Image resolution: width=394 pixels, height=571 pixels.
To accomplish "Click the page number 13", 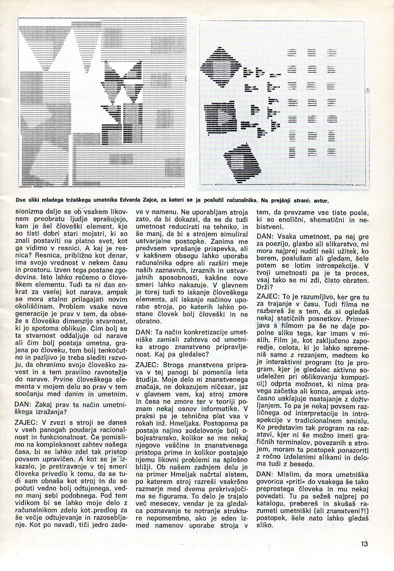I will point(364,544).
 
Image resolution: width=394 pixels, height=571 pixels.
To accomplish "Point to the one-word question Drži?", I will point(264,287).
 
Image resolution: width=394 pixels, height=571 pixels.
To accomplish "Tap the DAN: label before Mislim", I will point(265,474).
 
